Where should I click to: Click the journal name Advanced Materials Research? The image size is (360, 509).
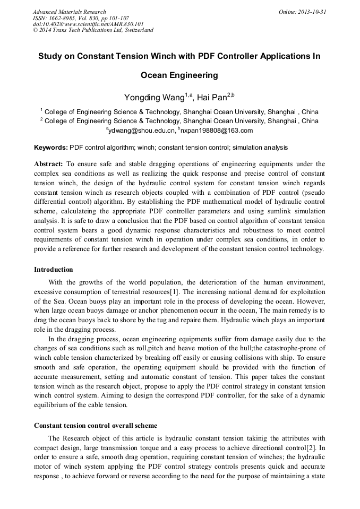pos(69,12)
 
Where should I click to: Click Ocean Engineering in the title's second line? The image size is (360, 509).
pos(179,75)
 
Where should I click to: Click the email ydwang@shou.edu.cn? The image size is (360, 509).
pos(142,130)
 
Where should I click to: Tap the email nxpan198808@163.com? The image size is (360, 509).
pos(217,130)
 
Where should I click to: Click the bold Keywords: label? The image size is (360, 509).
pos(51,147)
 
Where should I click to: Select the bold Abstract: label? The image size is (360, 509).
pos(49,164)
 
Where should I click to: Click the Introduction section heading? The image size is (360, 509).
pos(54,270)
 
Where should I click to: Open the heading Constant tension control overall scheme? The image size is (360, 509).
pos(96,426)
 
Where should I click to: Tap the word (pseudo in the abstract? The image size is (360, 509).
pos(312,189)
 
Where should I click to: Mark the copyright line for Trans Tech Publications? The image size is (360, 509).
pos(93,30)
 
